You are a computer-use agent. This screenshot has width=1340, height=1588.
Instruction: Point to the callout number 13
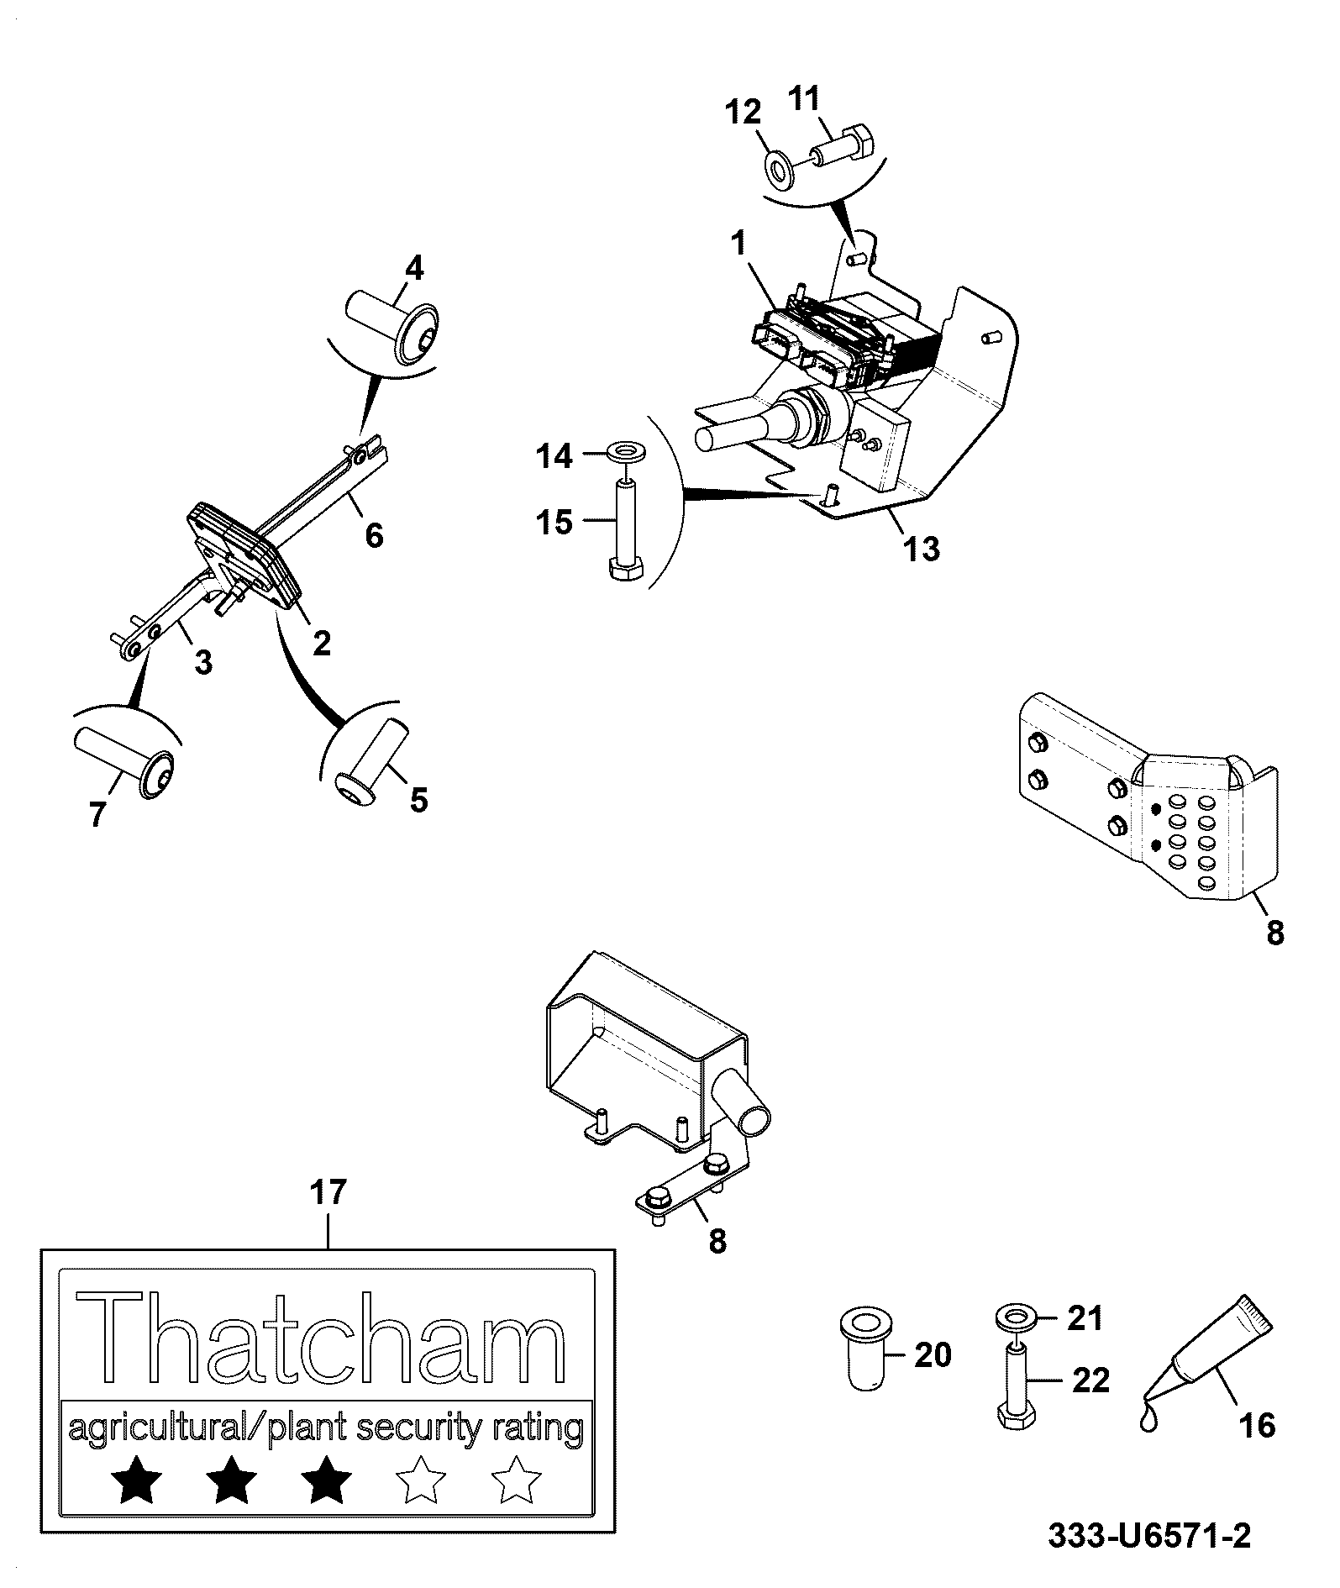[921, 549]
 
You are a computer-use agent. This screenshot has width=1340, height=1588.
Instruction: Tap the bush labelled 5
[370, 750]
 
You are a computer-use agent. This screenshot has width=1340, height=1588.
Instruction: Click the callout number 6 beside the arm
[374, 534]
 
